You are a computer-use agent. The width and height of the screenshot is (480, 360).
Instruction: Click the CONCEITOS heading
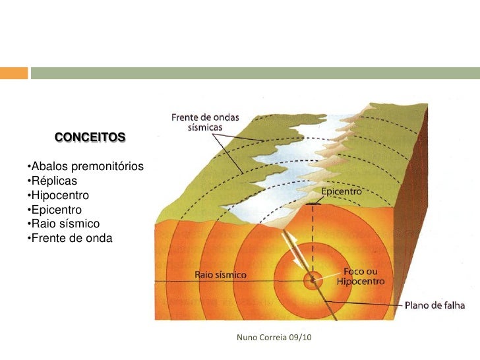(x=90, y=138)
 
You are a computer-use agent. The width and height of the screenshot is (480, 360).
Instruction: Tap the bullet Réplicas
(x=52, y=181)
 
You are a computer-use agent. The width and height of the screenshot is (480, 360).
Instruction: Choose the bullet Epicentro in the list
(x=55, y=210)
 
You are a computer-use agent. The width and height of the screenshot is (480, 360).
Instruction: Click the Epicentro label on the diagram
(x=342, y=192)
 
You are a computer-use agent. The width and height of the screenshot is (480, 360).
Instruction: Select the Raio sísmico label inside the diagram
(x=221, y=274)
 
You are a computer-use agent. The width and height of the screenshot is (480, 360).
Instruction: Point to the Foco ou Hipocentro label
(x=360, y=276)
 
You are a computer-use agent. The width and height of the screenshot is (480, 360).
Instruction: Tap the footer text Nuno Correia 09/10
(x=272, y=338)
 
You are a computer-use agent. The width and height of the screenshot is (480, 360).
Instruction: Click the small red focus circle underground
(x=311, y=280)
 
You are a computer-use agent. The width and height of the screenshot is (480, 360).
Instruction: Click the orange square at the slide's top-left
(x=13, y=73)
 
